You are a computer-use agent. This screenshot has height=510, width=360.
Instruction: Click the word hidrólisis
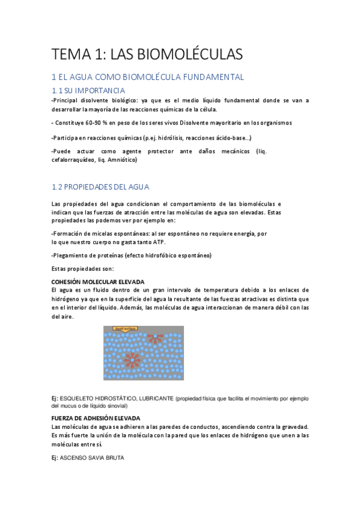click(x=178, y=138)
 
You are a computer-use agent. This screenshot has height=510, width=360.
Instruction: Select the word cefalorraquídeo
click(x=80, y=160)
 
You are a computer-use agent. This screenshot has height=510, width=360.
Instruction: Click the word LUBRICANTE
click(x=157, y=398)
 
